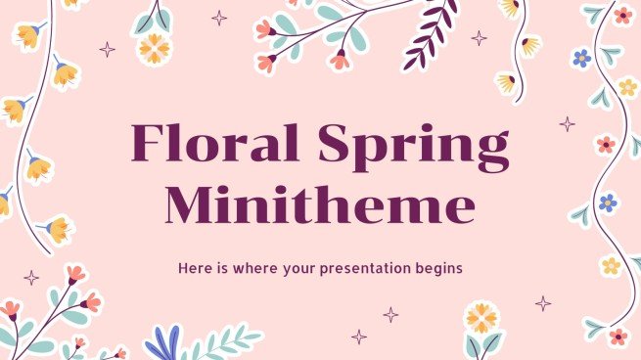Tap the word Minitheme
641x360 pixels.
[x=320, y=206]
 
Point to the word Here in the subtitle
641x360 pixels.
[x=194, y=266]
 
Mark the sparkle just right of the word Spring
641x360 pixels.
[x=567, y=124]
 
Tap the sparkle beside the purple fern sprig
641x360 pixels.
[x=479, y=38]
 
